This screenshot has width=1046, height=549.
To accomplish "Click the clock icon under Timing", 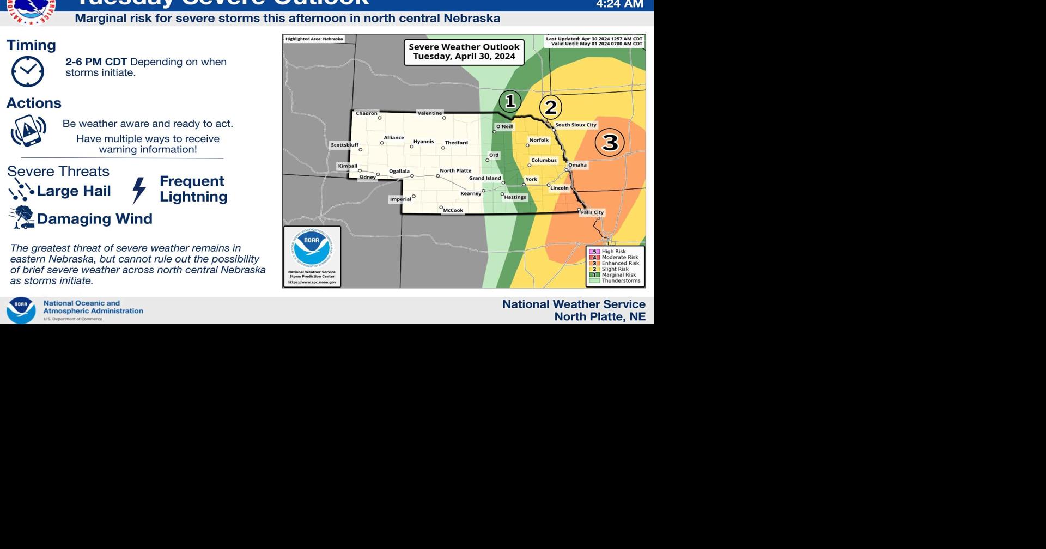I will pos(27,71).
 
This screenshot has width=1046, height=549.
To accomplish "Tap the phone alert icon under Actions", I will pos(28,131).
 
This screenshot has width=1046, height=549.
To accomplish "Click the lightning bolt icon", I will pos(139,190).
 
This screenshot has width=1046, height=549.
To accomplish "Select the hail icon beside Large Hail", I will pos(21,190).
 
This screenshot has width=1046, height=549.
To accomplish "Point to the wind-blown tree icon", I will pos(22,217).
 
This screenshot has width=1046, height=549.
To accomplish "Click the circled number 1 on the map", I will pos(510,101).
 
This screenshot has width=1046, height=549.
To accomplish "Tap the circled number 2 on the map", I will pos(551,107).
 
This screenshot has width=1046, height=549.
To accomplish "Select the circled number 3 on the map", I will pos(610,142).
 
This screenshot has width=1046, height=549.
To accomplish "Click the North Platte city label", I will pos(455,170).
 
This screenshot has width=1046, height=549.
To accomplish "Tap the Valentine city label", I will pos(430,113).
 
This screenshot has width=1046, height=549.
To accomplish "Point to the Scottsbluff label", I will pos(345,145).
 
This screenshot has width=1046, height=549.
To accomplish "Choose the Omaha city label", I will pos(577,165).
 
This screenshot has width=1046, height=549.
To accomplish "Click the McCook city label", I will pos(453,210).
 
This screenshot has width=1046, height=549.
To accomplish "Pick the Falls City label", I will pos(592,212).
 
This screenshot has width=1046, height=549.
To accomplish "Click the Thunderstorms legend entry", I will pos(621,281).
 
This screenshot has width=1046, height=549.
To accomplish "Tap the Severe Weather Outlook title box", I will pos(464,52).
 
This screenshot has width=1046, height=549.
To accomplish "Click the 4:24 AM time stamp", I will pos(619,5).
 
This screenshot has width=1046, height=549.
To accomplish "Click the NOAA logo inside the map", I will pos(312,249).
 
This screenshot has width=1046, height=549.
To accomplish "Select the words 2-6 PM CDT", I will pos(96,62).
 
